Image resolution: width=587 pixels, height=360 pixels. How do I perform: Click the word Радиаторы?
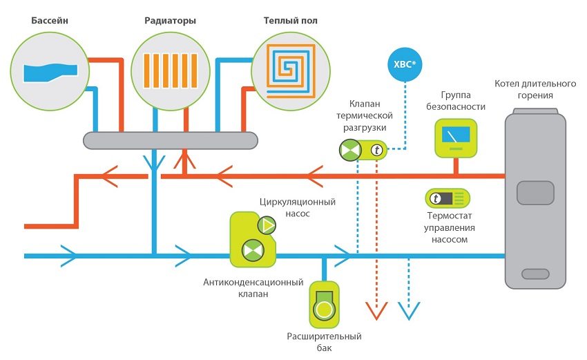tap(170, 21)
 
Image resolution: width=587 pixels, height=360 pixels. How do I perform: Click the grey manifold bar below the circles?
tap(170, 140)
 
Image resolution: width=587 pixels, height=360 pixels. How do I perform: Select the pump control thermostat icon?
tap(448, 199)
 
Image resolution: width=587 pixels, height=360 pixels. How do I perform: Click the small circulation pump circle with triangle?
tap(266, 225)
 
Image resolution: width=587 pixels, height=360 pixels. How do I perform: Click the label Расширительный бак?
tap(324, 341)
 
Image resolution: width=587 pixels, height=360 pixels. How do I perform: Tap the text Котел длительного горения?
tap(535, 90)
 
